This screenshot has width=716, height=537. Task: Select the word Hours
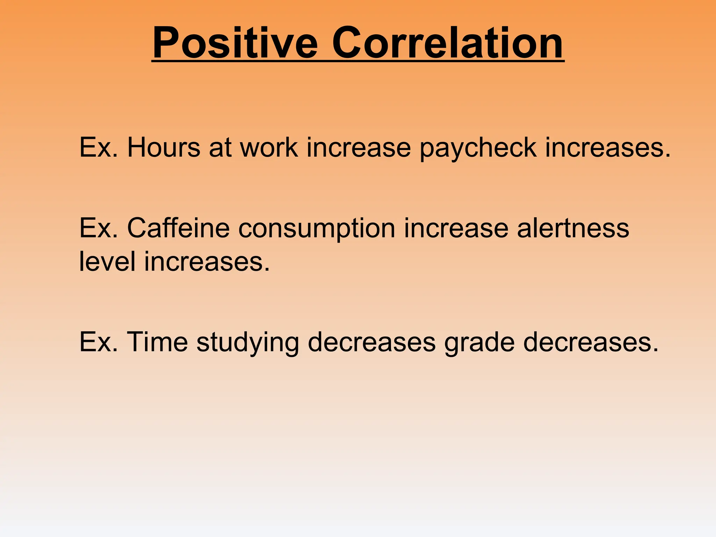(164, 147)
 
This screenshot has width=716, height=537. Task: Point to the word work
(269, 147)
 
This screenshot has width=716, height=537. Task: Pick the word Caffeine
(178, 228)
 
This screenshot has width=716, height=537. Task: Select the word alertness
(573, 228)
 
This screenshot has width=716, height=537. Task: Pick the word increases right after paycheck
(608, 147)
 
